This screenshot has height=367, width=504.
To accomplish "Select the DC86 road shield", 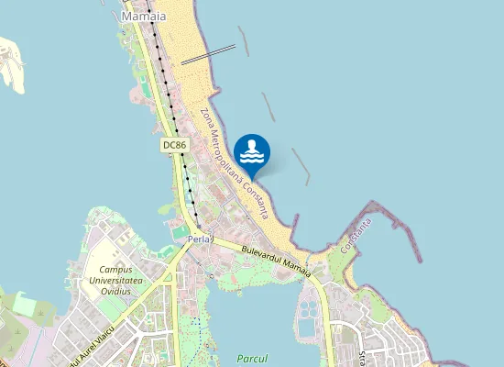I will (174, 145).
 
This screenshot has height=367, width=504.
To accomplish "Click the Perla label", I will (199, 239).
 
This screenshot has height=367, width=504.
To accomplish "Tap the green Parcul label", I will (250, 358).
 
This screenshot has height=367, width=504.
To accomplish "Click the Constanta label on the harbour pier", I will (356, 237).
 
